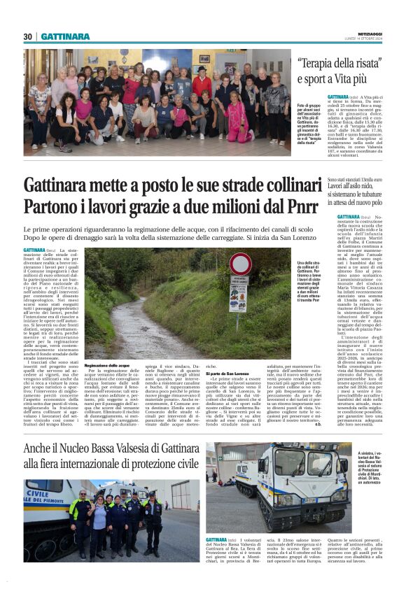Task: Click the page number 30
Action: coord(28,36)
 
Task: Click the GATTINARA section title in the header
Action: coord(65,36)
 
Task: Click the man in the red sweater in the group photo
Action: coord(202,84)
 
